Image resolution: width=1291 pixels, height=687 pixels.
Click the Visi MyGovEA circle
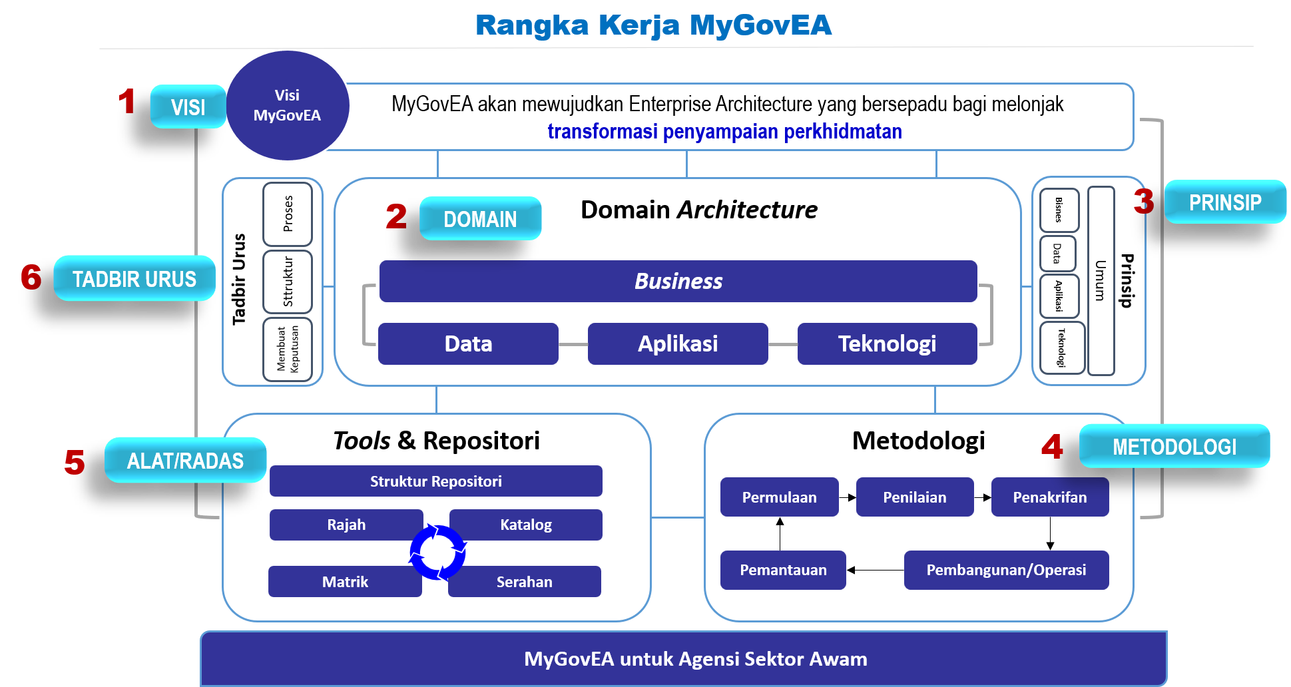pos(288,106)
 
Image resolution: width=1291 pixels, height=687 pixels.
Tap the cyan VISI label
pos(188,107)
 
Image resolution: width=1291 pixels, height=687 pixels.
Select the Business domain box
pos(678,281)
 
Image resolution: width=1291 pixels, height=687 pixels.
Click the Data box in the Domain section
pos(468,343)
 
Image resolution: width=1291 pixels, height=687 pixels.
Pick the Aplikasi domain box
pos(678,343)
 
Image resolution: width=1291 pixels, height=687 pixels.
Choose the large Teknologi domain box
pos(887,343)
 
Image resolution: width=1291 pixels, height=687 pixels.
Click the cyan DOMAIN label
pos(480,219)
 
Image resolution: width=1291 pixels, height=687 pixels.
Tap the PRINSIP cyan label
pos(1225,202)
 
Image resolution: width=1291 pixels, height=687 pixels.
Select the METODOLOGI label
pos(1174,447)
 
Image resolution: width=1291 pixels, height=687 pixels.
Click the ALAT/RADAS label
pos(185,461)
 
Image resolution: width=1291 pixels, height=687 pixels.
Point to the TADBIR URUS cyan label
pos(134,279)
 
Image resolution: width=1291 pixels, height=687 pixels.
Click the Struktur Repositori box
pos(436,481)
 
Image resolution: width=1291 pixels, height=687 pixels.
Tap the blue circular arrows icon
pos(437,552)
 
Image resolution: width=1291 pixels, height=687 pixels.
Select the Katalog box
pos(526,525)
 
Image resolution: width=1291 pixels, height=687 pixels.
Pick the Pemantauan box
pos(783,570)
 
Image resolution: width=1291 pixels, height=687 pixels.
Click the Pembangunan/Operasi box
pos(1006,570)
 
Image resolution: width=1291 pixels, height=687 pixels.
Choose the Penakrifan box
pos(1049,497)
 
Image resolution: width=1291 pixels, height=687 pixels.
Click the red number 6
pos(31,278)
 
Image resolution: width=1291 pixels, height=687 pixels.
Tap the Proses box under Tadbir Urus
pos(288,214)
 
